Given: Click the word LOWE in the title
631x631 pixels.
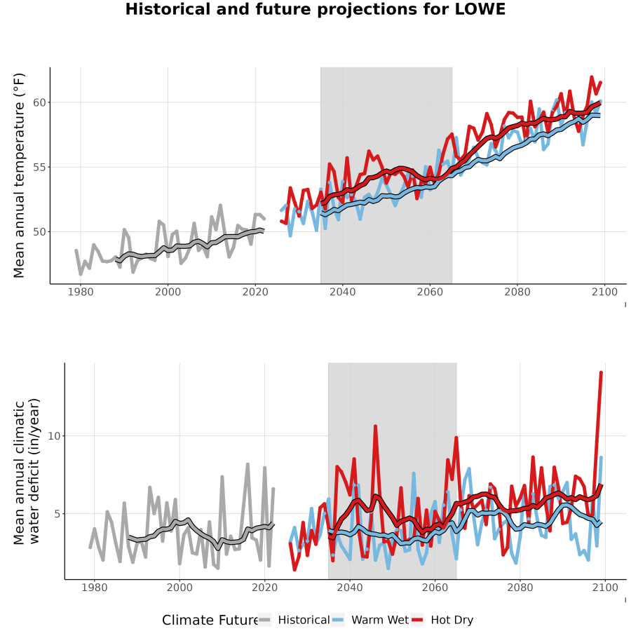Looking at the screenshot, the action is [x=480, y=9].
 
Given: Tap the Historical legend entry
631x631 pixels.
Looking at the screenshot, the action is [x=294, y=620].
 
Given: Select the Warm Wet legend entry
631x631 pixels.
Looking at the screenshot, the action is [x=370, y=620].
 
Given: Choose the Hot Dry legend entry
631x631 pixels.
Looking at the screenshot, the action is [x=442, y=620].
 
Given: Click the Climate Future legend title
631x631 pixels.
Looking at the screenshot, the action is [x=210, y=620].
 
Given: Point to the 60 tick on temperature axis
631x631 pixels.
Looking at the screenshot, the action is [x=39, y=102].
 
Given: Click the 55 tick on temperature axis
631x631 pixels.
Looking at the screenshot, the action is [x=39, y=167].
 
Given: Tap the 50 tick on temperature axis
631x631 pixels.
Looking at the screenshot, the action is [x=39, y=232].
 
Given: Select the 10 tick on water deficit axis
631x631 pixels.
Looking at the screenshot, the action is [x=54, y=436].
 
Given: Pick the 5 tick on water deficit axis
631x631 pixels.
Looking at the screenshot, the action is [x=57, y=514].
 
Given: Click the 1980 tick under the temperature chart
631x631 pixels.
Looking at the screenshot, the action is [x=81, y=292].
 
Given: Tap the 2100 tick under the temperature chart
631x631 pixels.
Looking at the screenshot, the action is [x=604, y=292].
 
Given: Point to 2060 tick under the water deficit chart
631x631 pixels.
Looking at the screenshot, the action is [x=435, y=588].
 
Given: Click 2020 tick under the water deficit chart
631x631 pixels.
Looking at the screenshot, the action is [x=265, y=588].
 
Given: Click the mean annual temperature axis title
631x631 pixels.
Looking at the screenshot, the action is [x=19, y=175].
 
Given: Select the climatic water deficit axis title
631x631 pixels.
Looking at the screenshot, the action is [x=27, y=471].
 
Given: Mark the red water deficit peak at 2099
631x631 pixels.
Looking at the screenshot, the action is [x=602, y=372].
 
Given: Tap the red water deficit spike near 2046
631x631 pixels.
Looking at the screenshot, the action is [x=376, y=426].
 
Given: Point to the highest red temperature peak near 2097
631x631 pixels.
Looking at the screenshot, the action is [x=592, y=76].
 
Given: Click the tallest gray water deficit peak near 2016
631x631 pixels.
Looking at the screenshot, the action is [x=248, y=464].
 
